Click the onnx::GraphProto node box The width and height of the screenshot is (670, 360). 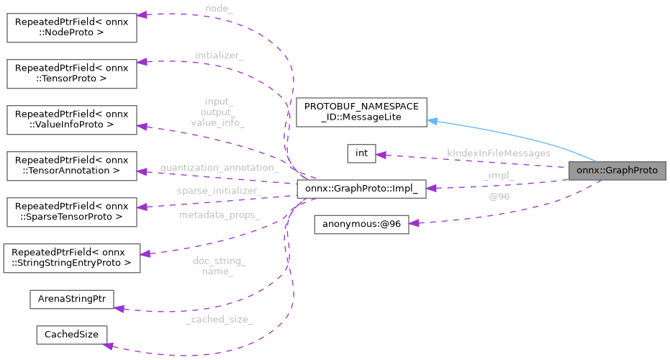pyautogui.click(x=617, y=171)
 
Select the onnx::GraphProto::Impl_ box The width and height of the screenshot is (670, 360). pyautogui.click(x=361, y=189)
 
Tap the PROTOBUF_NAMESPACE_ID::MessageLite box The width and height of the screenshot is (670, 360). pyautogui.click(x=362, y=112)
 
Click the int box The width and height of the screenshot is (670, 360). pyautogui.click(x=361, y=153)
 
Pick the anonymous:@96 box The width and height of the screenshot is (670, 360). pyautogui.click(x=361, y=224)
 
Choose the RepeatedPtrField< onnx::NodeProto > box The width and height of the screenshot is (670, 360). pyautogui.click(x=71, y=26)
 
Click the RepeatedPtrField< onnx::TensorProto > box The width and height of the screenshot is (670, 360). pyautogui.click(x=71, y=73)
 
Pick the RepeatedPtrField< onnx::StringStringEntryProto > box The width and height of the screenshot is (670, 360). pyautogui.click(x=71, y=258)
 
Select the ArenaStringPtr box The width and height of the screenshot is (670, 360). pyautogui.click(x=71, y=300)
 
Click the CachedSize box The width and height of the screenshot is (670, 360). pyautogui.click(x=71, y=335)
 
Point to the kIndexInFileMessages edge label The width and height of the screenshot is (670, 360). pyautogui.click(x=498, y=153)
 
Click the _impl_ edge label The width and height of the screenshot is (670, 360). pyautogui.click(x=498, y=175)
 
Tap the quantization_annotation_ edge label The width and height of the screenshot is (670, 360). pyautogui.click(x=219, y=168)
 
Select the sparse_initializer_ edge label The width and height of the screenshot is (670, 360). pyautogui.click(x=218, y=190)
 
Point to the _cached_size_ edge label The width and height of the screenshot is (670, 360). pyautogui.click(x=219, y=319)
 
